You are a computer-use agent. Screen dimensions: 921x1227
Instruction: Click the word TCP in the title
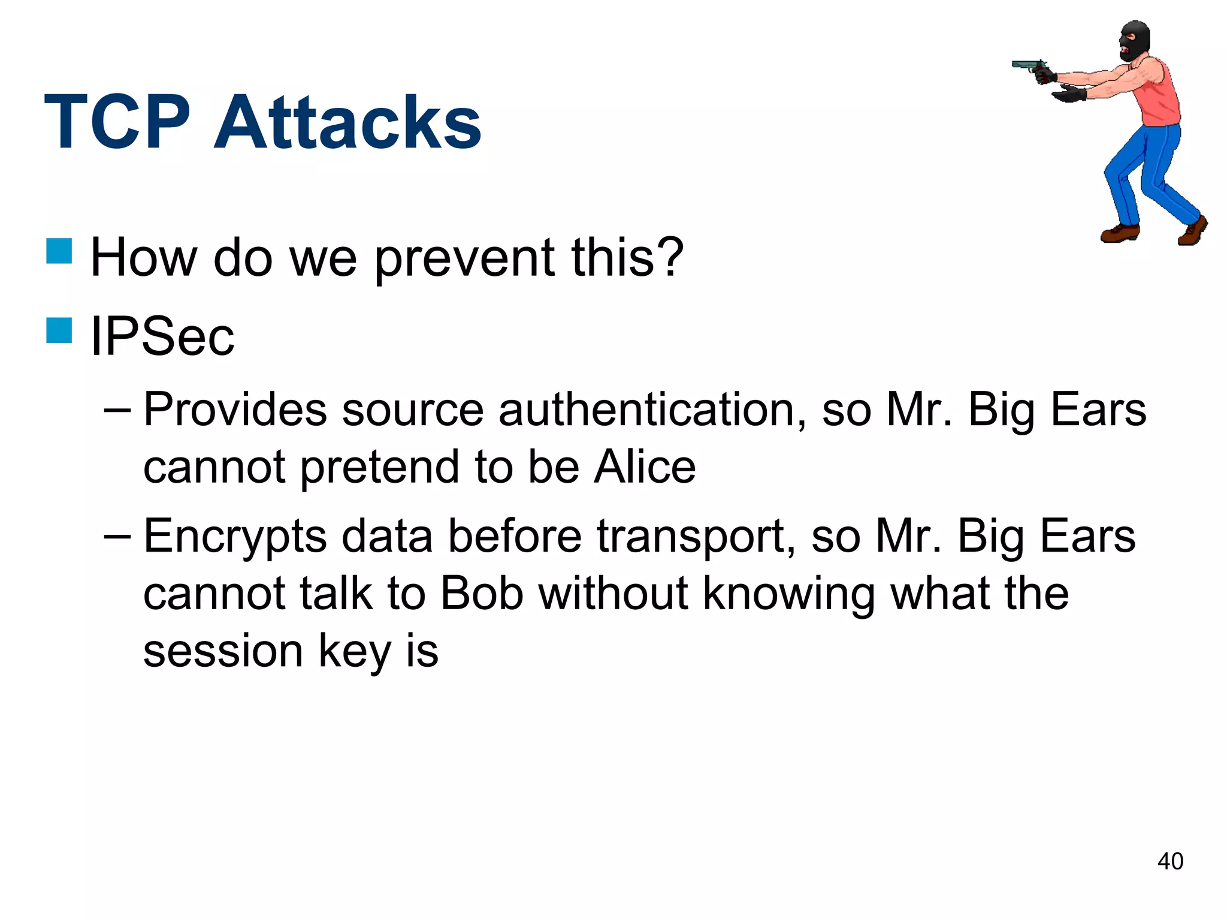pos(117,123)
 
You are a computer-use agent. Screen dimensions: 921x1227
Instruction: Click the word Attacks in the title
pos(348,123)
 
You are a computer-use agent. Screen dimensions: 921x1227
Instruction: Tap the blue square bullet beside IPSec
pos(59,330)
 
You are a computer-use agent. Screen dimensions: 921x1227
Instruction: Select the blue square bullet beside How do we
pos(59,251)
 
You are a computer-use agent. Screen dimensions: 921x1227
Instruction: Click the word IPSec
pos(162,336)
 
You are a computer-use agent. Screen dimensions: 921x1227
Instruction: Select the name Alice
pos(645,467)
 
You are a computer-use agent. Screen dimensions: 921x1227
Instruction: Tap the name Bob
pos(482,594)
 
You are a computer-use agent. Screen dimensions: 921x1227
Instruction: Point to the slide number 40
pos(1169,862)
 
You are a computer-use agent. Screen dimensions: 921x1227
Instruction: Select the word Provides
pos(235,410)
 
